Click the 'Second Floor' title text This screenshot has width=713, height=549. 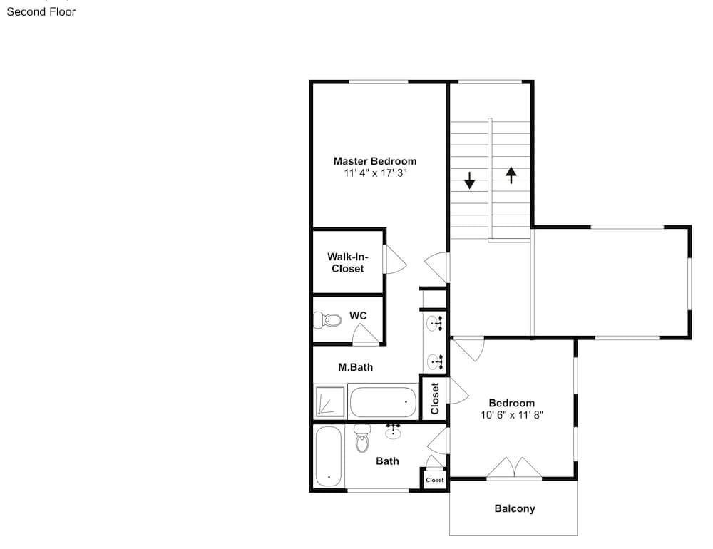[x=41, y=12]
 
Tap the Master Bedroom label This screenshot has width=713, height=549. [x=375, y=161]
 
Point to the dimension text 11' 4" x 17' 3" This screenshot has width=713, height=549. [x=375, y=173]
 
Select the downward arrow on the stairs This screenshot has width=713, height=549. [x=469, y=180]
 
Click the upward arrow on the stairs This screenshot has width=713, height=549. [x=511, y=175]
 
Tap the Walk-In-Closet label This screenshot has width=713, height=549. [x=348, y=262]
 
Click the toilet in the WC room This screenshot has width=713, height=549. [x=327, y=319]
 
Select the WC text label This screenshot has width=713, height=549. [x=358, y=316]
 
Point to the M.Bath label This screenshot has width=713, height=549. [x=355, y=367]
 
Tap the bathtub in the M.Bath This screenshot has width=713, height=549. [x=383, y=401]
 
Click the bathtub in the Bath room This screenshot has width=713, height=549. [x=328, y=456]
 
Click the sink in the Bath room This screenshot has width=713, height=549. [x=393, y=431]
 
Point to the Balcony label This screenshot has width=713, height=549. [x=515, y=508]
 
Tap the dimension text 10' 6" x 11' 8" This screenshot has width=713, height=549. [x=512, y=415]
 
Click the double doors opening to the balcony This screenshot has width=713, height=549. [x=514, y=468]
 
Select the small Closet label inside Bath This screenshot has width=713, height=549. [x=435, y=480]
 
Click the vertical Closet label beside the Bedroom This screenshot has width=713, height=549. [x=435, y=399]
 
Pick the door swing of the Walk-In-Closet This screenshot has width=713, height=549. [x=395, y=260]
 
